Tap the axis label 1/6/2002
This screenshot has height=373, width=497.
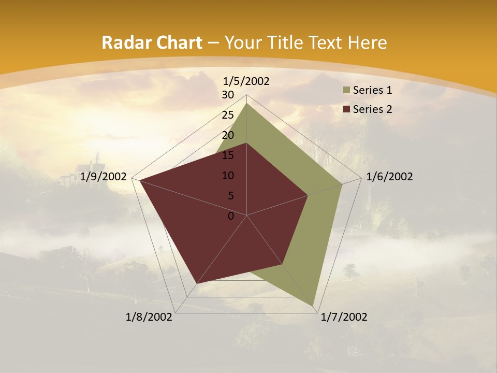pos(389,177)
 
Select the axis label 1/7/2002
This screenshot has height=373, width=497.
pos(344,317)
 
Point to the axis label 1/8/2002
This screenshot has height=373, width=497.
pos(149,317)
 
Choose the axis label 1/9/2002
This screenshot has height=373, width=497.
pos(104,177)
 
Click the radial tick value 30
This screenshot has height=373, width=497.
pos(228,95)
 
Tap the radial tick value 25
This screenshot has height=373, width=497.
pos(228,115)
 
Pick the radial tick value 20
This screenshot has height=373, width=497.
pos(228,135)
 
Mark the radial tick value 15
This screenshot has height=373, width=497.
pos(228,155)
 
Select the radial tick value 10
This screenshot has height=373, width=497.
pos(228,176)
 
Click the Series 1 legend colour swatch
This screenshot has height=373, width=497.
pos(345,91)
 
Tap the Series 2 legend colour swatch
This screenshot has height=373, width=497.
pos(345,109)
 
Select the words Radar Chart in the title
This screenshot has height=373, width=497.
pos(152,43)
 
